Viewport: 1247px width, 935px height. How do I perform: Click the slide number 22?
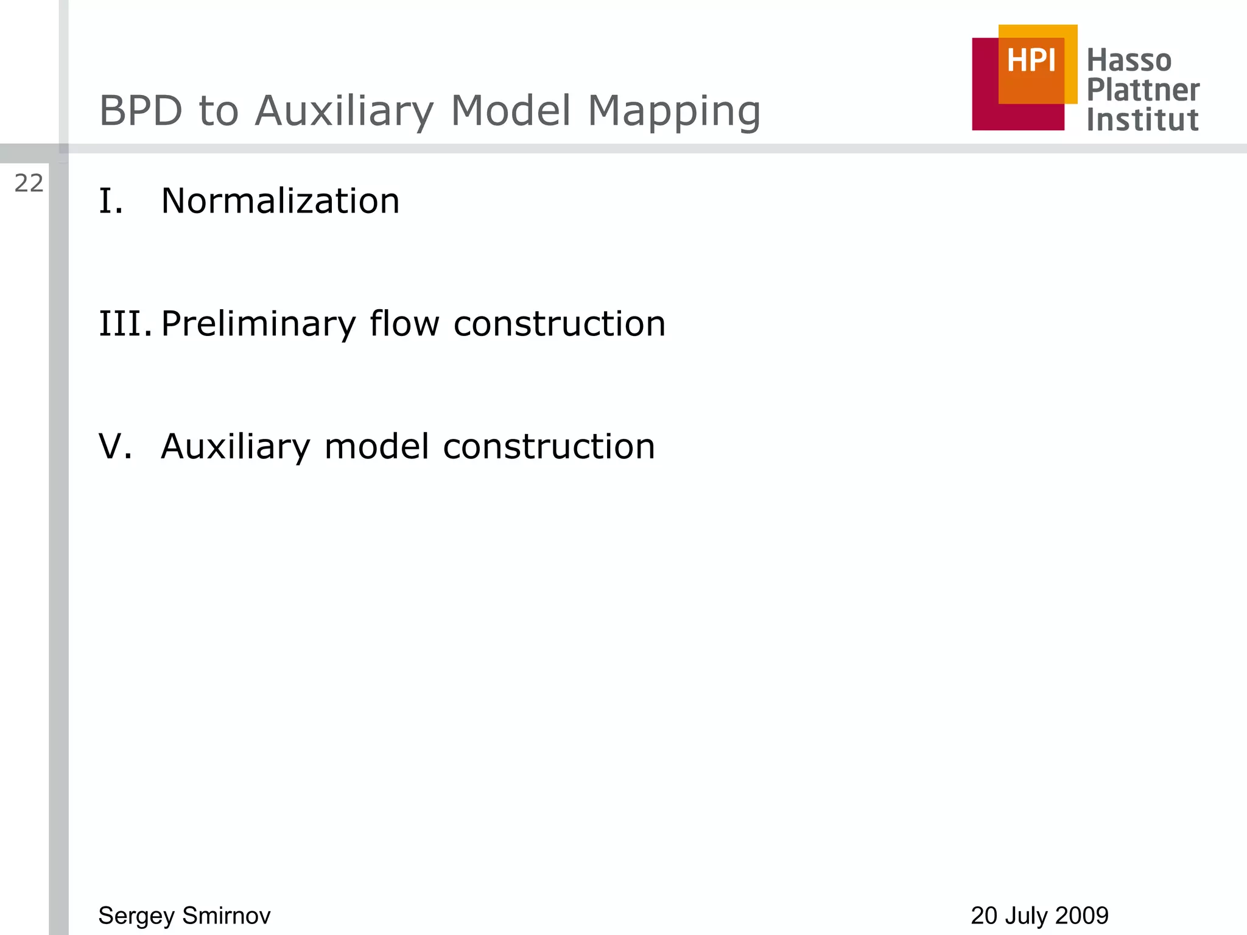[29, 183]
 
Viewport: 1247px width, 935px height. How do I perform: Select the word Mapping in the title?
[674, 113]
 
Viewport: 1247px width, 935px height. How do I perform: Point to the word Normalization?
[280, 201]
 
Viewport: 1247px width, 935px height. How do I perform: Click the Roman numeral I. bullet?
[111, 201]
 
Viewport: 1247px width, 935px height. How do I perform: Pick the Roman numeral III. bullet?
[125, 323]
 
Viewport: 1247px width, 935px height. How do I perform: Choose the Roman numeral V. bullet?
[115, 446]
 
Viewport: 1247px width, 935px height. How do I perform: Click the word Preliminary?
[258, 324]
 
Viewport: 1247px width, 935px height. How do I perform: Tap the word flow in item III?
[404, 323]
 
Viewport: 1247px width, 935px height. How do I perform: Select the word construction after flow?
[560, 323]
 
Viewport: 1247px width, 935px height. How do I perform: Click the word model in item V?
[377, 446]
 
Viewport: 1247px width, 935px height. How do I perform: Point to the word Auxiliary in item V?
[236, 446]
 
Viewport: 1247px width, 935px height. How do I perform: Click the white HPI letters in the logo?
[1031, 61]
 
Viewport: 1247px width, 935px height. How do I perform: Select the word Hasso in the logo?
[1129, 61]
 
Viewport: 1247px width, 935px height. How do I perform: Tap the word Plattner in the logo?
[1143, 90]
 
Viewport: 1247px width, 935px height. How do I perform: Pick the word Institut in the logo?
[1142, 119]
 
